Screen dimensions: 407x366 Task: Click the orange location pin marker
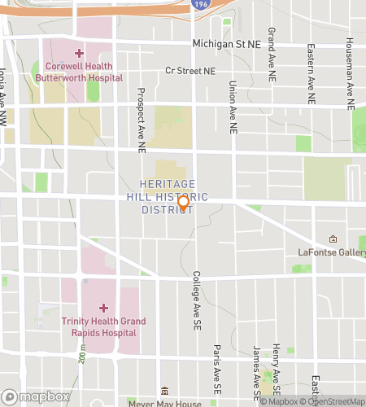(x=184, y=203)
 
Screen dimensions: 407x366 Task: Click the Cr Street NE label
(x=190, y=72)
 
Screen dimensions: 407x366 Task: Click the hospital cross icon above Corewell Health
(x=79, y=52)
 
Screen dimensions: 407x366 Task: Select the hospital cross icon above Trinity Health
(x=103, y=307)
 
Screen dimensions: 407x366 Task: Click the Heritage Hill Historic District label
(x=173, y=197)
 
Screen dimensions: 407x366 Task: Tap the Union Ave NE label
(x=233, y=107)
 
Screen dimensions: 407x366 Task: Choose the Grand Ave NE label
(x=270, y=50)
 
